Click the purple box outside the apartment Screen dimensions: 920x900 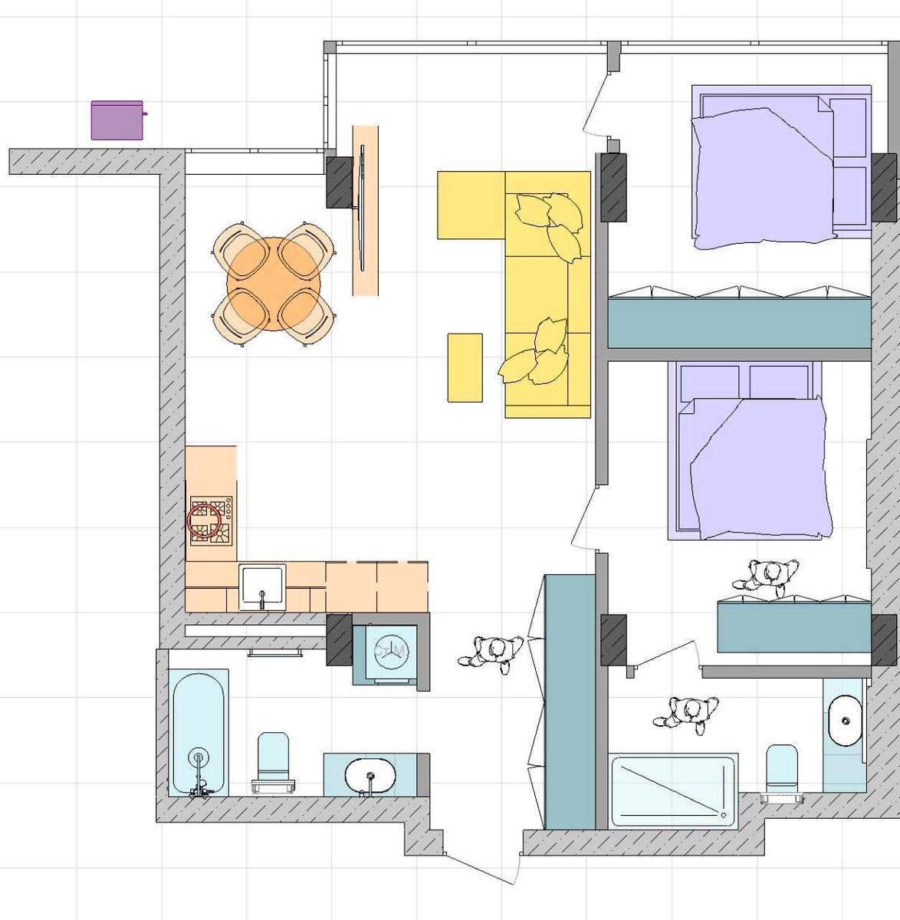point(117,120)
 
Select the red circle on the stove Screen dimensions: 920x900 point(204,521)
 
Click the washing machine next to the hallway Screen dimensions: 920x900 point(391,651)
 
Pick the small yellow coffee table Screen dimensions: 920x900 point(465,367)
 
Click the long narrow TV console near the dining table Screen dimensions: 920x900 point(366,210)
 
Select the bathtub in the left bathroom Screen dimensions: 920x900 point(199,732)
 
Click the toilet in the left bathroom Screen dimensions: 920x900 point(273,761)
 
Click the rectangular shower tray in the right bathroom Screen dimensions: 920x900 point(673,790)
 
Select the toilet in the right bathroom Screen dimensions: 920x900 point(782,770)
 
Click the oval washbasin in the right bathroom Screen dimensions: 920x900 point(845,721)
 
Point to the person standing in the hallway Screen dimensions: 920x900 point(491,654)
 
